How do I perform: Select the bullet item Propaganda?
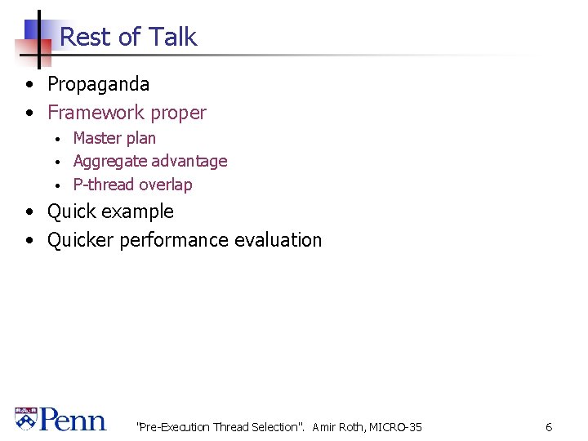[x=98, y=84]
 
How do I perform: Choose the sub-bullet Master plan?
[x=114, y=139]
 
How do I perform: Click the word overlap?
[x=166, y=185]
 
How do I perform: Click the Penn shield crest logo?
[x=26, y=420]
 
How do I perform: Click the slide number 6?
[x=549, y=427]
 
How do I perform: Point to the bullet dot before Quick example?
[x=29, y=212]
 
